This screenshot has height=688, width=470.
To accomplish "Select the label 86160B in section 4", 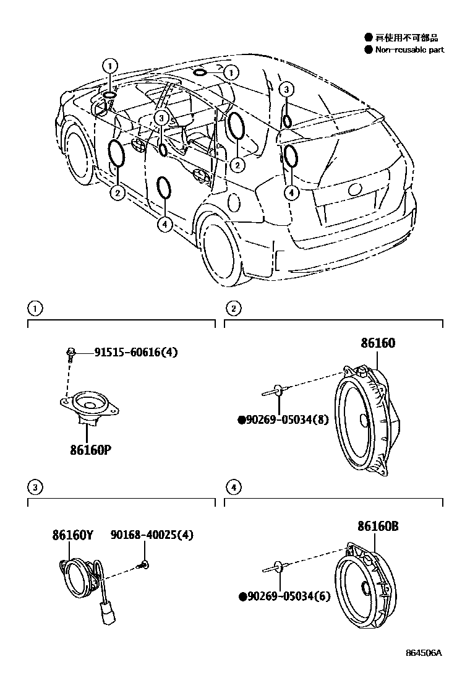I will [x=377, y=527].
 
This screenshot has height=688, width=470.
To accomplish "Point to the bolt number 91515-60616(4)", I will [x=136, y=353].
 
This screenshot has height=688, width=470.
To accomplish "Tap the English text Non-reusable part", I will [x=409, y=50].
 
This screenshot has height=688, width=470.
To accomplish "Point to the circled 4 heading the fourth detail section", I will [x=233, y=489].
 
